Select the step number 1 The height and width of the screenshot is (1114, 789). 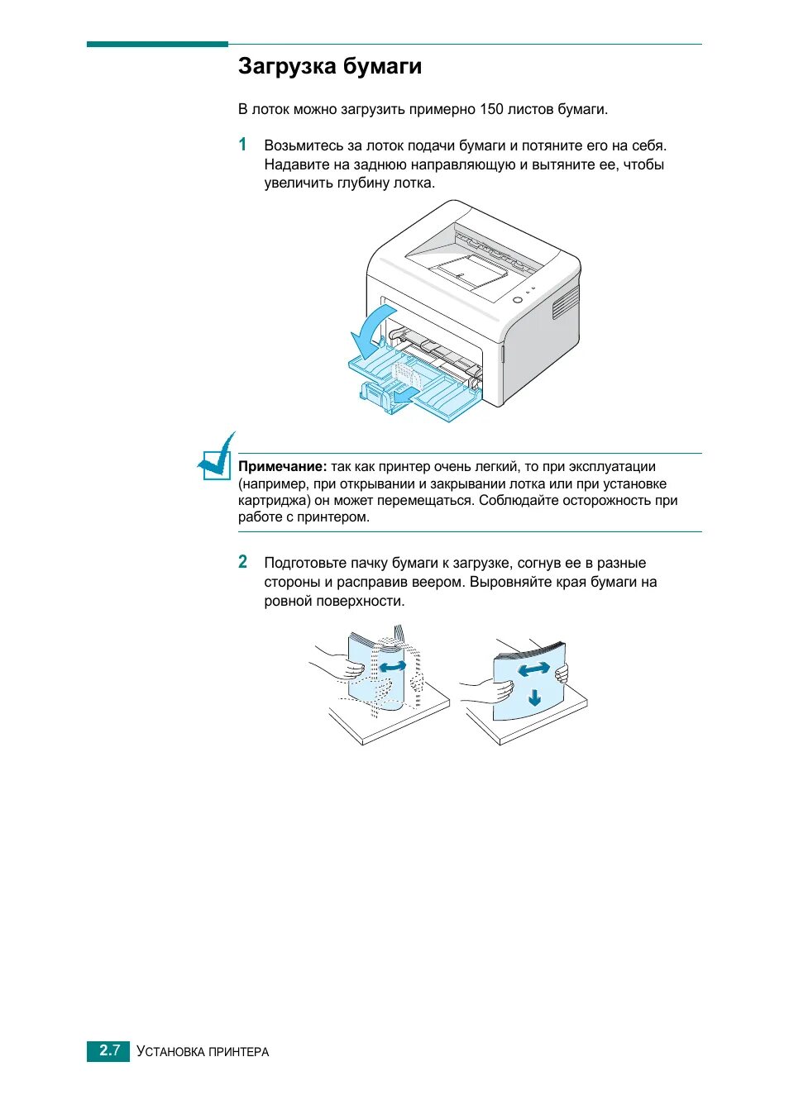tap(242, 145)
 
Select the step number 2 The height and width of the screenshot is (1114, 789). tap(242, 562)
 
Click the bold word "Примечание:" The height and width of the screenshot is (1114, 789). tap(282, 467)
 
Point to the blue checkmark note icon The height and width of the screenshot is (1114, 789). tap(218, 457)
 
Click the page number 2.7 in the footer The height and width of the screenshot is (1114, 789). tap(109, 1050)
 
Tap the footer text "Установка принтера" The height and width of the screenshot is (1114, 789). tap(203, 1051)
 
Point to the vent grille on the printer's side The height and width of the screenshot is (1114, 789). tap(566, 302)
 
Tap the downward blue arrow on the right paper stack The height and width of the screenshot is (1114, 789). tap(534, 697)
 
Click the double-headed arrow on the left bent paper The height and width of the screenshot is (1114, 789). tap(393, 666)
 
